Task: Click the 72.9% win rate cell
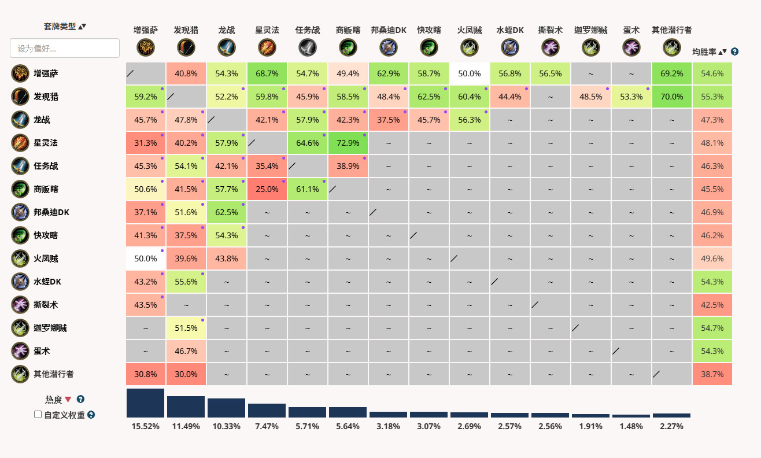point(348,143)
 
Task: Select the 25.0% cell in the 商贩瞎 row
point(267,189)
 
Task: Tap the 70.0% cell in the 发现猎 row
point(671,97)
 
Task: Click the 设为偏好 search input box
point(65,48)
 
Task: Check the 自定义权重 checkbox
point(38,415)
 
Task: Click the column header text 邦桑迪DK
point(389,30)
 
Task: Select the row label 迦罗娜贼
point(50,328)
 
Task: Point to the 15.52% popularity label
point(145,426)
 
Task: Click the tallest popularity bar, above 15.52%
point(145,403)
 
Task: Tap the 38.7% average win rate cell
point(712,374)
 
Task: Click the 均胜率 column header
point(704,52)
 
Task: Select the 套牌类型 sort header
point(60,27)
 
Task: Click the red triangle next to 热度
point(68,399)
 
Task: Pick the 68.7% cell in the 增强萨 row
point(267,73)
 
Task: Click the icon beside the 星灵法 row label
point(20,143)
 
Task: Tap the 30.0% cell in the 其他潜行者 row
point(186,374)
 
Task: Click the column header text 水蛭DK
point(509,30)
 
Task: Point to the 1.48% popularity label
point(631,426)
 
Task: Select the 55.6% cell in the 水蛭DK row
point(186,282)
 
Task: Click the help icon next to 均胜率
point(734,51)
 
